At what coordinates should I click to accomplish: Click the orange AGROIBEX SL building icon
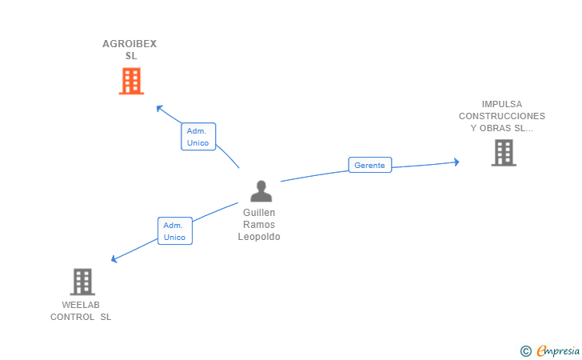point(131,81)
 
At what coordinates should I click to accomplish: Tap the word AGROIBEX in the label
point(130,44)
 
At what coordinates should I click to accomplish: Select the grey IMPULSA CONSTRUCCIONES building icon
point(503,152)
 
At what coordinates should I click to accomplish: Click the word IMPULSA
point(502,104)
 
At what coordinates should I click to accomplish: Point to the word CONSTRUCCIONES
point(502,116)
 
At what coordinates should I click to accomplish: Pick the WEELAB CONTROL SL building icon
point(82,282)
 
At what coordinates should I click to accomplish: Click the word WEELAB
point(81,305)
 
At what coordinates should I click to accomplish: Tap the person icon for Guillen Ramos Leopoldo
point(261,191)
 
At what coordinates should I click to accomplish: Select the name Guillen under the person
point(259,213)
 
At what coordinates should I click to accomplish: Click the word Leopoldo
point(259,237)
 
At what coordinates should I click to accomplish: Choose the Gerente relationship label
point(369,166)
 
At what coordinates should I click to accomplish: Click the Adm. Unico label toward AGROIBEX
point(197,137)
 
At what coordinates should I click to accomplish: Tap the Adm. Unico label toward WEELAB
point(174,231)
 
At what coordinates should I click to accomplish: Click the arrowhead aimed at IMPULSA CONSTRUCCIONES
point(456,162)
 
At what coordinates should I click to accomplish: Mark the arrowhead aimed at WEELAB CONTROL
point(114,259)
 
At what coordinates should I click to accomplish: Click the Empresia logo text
point(558,350)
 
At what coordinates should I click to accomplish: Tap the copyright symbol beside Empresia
point(525,350)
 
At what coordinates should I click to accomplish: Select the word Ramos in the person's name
point(259,225)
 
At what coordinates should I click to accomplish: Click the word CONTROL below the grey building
point(73,317)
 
